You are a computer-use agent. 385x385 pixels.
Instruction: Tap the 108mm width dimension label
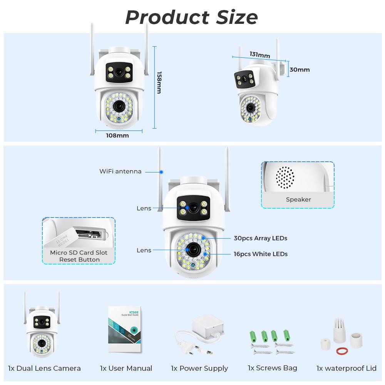[x=117, y=136]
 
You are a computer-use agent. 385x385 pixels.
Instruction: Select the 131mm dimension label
[x=259, y=55]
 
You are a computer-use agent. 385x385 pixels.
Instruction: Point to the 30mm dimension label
[x=300, y=70]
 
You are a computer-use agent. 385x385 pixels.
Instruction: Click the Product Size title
[x=191, y=17]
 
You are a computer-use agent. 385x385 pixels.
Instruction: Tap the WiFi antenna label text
[x=120, y=171]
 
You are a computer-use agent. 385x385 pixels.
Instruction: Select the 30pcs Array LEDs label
[x=260, y=238]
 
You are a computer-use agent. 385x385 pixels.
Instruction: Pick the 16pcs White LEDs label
[x=260, y=254]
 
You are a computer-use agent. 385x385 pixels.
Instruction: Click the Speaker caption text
[x=298, y=199]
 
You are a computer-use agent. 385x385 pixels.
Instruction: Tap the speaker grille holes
[x=285, y=177]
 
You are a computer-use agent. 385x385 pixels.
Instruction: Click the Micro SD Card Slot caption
[x=79, y=253]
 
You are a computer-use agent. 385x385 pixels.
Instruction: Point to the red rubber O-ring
[x=340, y=350]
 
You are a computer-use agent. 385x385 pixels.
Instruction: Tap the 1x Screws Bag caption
[x=272, y=368]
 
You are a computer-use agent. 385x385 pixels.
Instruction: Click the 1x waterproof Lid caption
[x=346, y=368]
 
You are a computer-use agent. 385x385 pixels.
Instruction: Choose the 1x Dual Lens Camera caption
[x=44, y=368]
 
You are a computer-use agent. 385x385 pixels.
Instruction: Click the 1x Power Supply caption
[x=199, y=368]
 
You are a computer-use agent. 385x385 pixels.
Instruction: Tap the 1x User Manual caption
[x=126, y=368]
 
